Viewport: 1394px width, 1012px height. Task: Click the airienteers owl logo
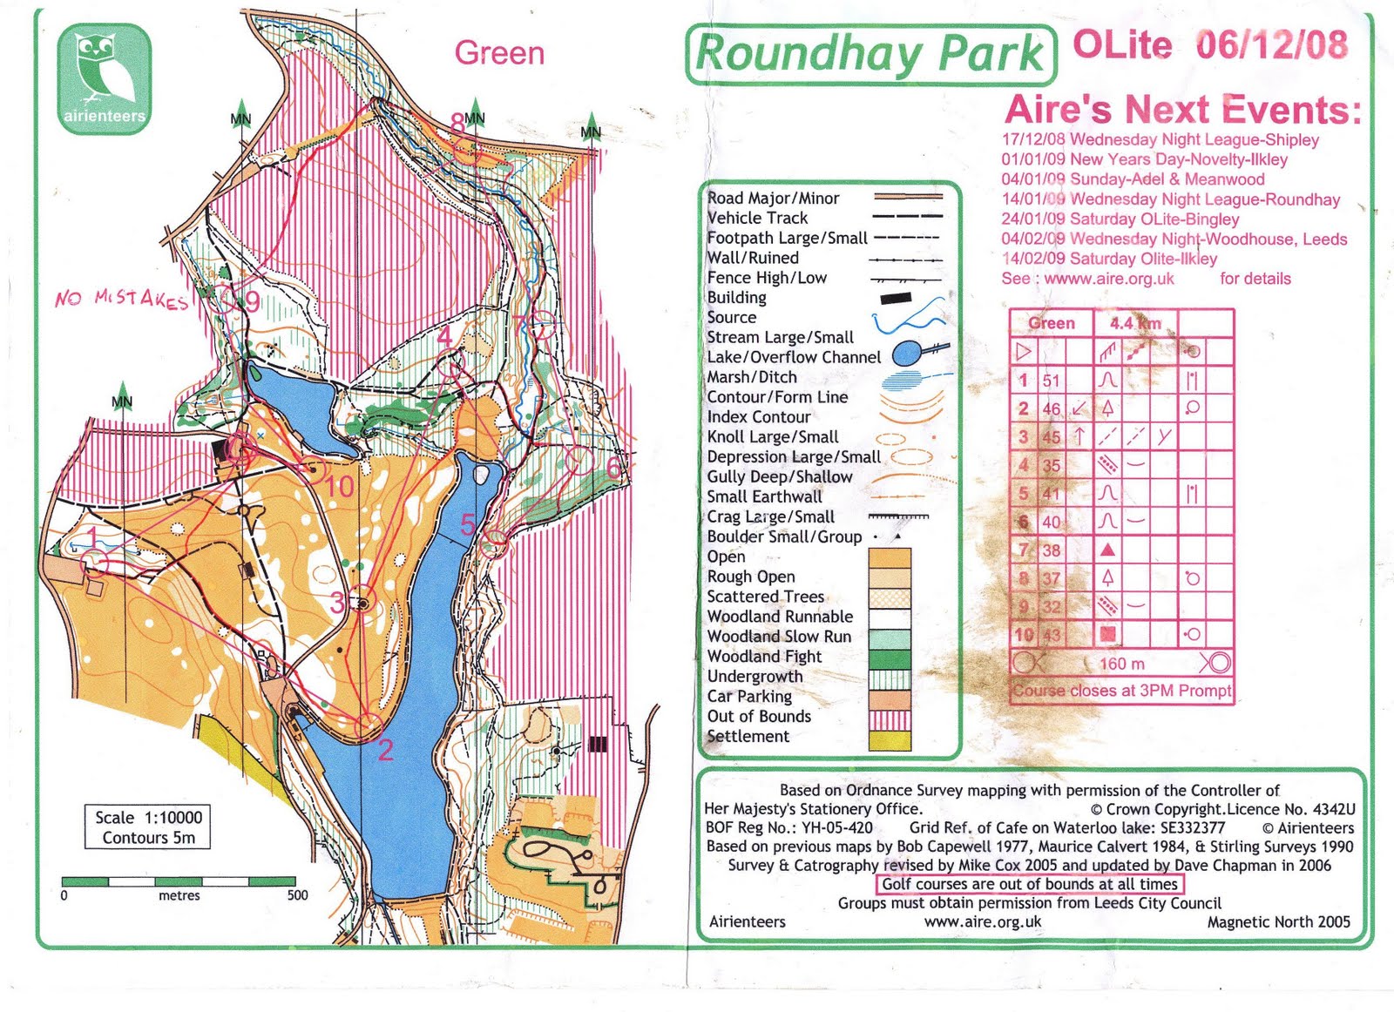105,79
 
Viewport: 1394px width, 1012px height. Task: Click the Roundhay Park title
870,54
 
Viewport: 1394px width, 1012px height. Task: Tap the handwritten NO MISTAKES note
121,299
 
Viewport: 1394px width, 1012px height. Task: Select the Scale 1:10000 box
147,827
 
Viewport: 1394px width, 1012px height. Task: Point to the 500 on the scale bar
297,895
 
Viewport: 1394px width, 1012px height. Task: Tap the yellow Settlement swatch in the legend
890,740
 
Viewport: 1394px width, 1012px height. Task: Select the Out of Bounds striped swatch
890,719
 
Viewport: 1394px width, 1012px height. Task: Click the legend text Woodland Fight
764,657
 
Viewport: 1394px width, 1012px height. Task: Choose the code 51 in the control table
1052,381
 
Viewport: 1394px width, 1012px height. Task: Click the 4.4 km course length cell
1134,323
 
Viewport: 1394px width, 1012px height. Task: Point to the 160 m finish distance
1122,664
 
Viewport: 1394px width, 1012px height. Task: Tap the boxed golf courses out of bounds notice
1030,884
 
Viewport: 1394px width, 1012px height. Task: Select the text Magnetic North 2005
1278,922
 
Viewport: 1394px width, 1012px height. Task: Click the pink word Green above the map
499,53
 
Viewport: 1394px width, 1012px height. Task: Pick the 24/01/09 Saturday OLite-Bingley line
1120,219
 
